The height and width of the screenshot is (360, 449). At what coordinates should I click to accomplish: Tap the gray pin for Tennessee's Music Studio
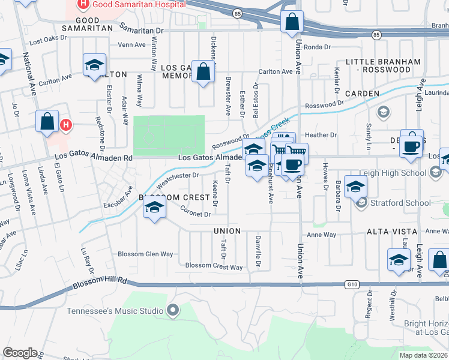coord(173,310)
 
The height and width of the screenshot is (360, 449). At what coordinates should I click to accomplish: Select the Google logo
coord(20,353)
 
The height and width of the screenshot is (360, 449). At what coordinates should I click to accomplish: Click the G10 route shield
coord(352,284)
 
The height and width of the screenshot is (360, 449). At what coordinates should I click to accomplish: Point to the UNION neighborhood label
coord(226,231)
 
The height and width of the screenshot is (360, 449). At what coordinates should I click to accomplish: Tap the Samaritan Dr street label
coord(141,29)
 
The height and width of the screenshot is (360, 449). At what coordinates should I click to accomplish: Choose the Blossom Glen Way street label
coord(145,254)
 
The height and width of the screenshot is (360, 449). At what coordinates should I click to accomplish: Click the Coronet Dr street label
coord(196,211)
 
